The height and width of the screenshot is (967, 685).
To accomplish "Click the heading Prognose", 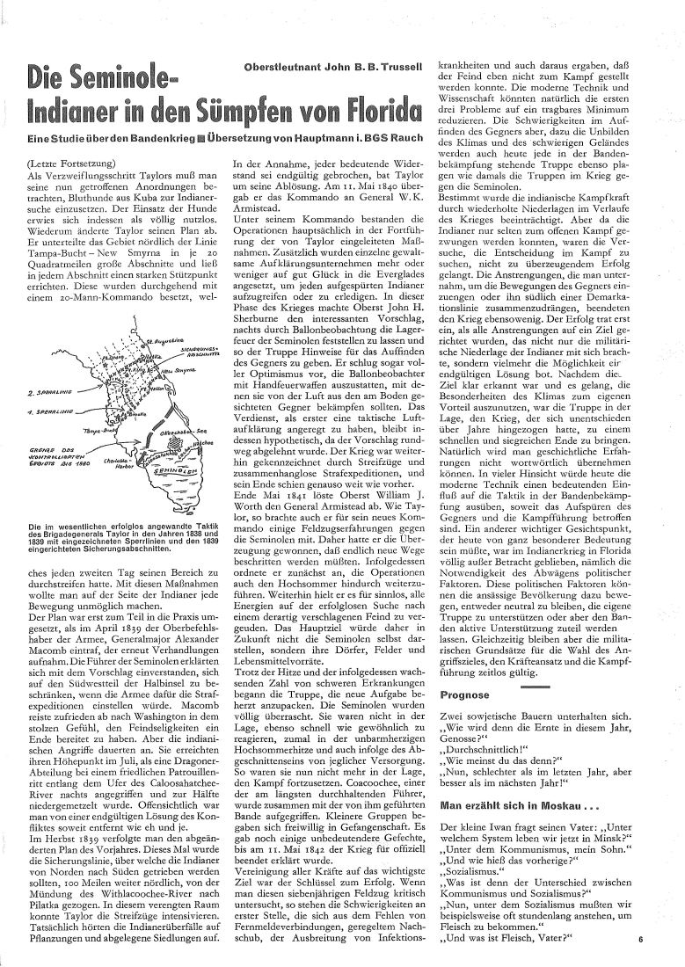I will [464, 720].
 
